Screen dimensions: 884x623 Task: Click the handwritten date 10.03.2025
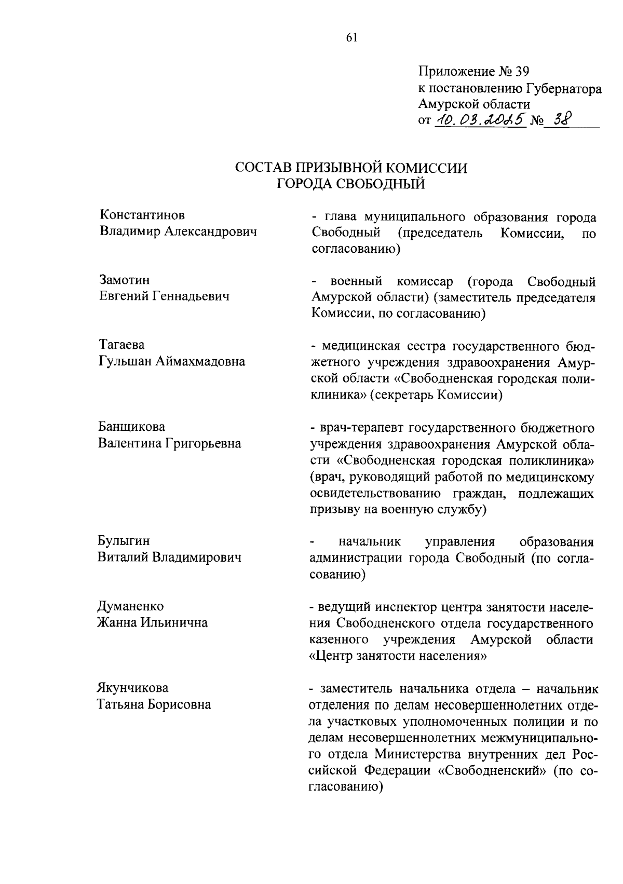click(x=480, y=120)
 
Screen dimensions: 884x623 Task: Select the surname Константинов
click(x=142, y=215)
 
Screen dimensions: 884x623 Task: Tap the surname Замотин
click(x=124, y=280)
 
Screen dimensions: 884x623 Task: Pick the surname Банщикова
click(x=132, y=427)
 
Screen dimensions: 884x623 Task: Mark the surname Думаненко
click(x=130, y=606)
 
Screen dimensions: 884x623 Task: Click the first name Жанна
click(x=117, y=622)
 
